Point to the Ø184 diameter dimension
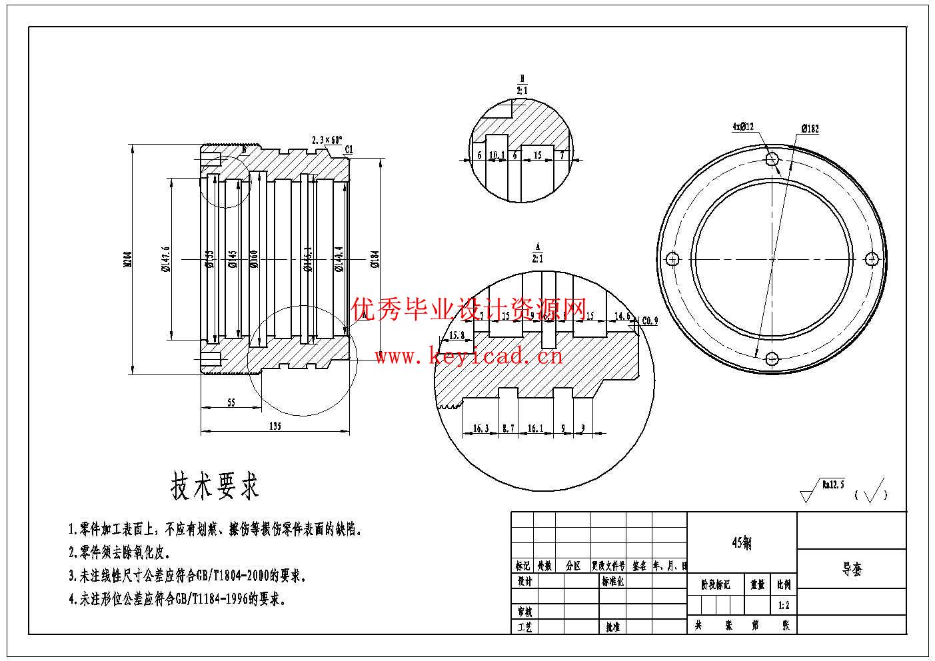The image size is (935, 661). click(x=375, y=259)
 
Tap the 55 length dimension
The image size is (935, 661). click(x=231, y=402)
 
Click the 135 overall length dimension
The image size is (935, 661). click(x=274, y=425)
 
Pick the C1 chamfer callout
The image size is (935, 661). click(x=349, y=150)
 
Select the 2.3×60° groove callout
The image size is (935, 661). click(x=327, y=140)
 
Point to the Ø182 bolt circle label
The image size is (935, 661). click(x=810, y=129)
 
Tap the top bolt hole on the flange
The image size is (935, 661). click(x=772, y=159)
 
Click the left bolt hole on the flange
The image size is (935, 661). click(x=672, y=259)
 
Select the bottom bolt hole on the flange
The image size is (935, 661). click(x=772, y=358)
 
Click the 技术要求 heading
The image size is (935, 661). click(x=215, y=486)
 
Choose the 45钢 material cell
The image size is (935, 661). click(x=742, y=542)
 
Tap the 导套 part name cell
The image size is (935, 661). click(x=852, y=569)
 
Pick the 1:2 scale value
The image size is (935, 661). click(x=783, y=606)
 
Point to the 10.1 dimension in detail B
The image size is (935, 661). click(x=496, y=155)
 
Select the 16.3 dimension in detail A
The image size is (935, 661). click(x=480, y=428)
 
